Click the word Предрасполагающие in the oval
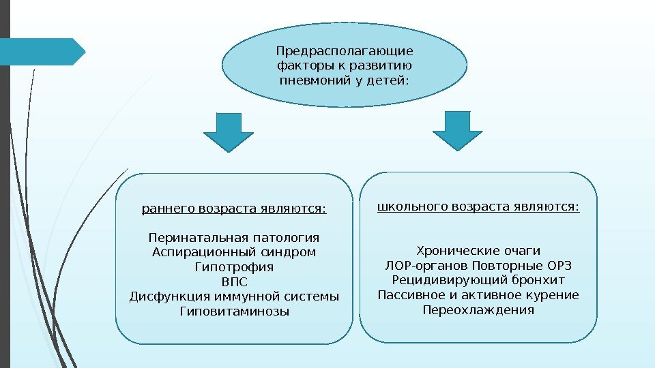345,52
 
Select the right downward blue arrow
457,130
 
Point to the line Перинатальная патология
234,238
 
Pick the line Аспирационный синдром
234,253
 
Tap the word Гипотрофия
234,267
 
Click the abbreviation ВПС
234,282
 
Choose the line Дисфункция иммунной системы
234,296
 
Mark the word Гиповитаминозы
234,311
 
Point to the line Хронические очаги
478,250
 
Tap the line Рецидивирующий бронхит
478,280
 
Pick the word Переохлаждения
478,310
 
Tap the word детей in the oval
386,82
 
